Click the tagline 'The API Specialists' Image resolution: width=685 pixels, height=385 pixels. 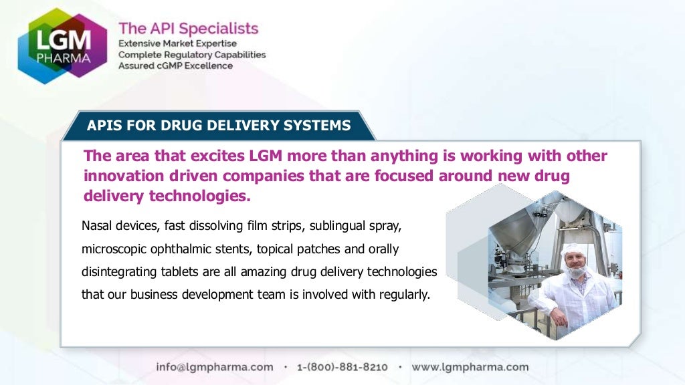(188, 29)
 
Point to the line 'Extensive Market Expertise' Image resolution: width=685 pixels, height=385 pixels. (177, 43)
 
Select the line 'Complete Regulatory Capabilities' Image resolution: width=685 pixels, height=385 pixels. (192, 55)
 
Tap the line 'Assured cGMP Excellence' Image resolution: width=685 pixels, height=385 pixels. (175, 66)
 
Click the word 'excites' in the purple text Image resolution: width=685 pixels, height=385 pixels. (203, 156)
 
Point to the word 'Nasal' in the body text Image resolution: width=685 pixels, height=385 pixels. (95, 225)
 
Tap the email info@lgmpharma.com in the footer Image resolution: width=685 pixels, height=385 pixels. (215, 367)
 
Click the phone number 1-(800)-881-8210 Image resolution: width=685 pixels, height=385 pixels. (342, 367)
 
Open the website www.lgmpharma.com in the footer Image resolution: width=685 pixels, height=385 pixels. (470, 367)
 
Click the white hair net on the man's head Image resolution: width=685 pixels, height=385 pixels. (573, 249)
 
